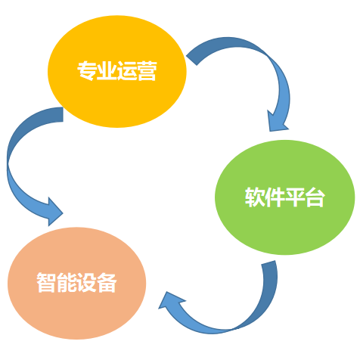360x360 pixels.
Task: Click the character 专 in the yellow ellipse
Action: click(x=87, y=71)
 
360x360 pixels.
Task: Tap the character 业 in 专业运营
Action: click(x=107, y=71)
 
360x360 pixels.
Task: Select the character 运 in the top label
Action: click(x=127, y=71)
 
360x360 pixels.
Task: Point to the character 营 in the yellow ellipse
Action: click(x=147, y=71)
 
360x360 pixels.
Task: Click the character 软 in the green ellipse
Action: click(x=255, y=197)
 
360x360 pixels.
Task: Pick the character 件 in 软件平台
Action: click(x=275, y=197)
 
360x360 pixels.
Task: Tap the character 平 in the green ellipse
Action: click(x=295, y=197)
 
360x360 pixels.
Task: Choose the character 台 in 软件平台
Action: click(x=315, y=197)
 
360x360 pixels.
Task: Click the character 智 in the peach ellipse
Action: click(x=47, y=282)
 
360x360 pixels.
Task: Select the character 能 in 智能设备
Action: click(x=67, y=282)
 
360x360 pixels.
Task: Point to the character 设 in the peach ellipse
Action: click(x=87, y=282)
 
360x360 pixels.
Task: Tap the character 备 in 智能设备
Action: click(x=107, y=282)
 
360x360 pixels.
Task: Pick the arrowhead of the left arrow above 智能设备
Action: click(x=54, y=213)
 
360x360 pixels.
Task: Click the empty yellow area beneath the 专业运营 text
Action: click(x=117, y=104)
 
